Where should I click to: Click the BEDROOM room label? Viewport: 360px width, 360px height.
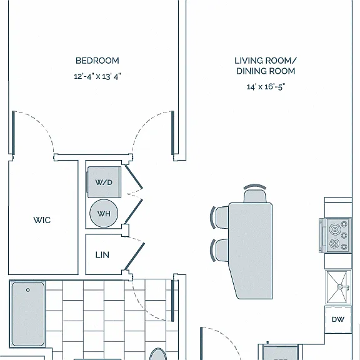pos(97,61)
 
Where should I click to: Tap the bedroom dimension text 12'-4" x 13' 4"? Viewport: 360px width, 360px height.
pos(97,76)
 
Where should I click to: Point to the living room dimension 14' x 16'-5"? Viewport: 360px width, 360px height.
pos(266,87)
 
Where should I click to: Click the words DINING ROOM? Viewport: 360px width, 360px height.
pos(266,71)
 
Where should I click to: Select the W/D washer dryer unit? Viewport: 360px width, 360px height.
pos(104,182)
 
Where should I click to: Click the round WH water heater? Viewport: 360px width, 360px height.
pos(104,213)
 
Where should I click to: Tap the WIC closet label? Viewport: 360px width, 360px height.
pos(42,220)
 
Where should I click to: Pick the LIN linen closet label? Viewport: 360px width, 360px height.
pos(102,255)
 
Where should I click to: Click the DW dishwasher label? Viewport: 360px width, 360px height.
pos(338,319)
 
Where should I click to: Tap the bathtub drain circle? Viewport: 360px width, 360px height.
pos(27,290)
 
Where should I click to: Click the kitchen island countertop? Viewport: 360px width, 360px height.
pos(251,251)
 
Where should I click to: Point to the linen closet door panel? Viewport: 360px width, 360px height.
pos(135,256)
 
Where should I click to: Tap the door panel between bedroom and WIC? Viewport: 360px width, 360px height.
pos(13,132)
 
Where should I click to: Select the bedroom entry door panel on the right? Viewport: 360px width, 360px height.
pos(172,132)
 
